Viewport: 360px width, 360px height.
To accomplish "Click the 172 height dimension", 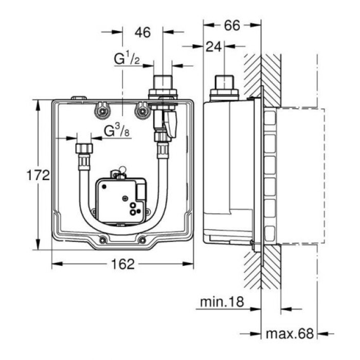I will (x=38, y=175).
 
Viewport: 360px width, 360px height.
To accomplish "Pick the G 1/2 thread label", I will (x=127, y=60).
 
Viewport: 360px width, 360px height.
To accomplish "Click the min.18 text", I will (x=222, y=301).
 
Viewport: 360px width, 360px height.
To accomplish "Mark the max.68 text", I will (x=290, y=334).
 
